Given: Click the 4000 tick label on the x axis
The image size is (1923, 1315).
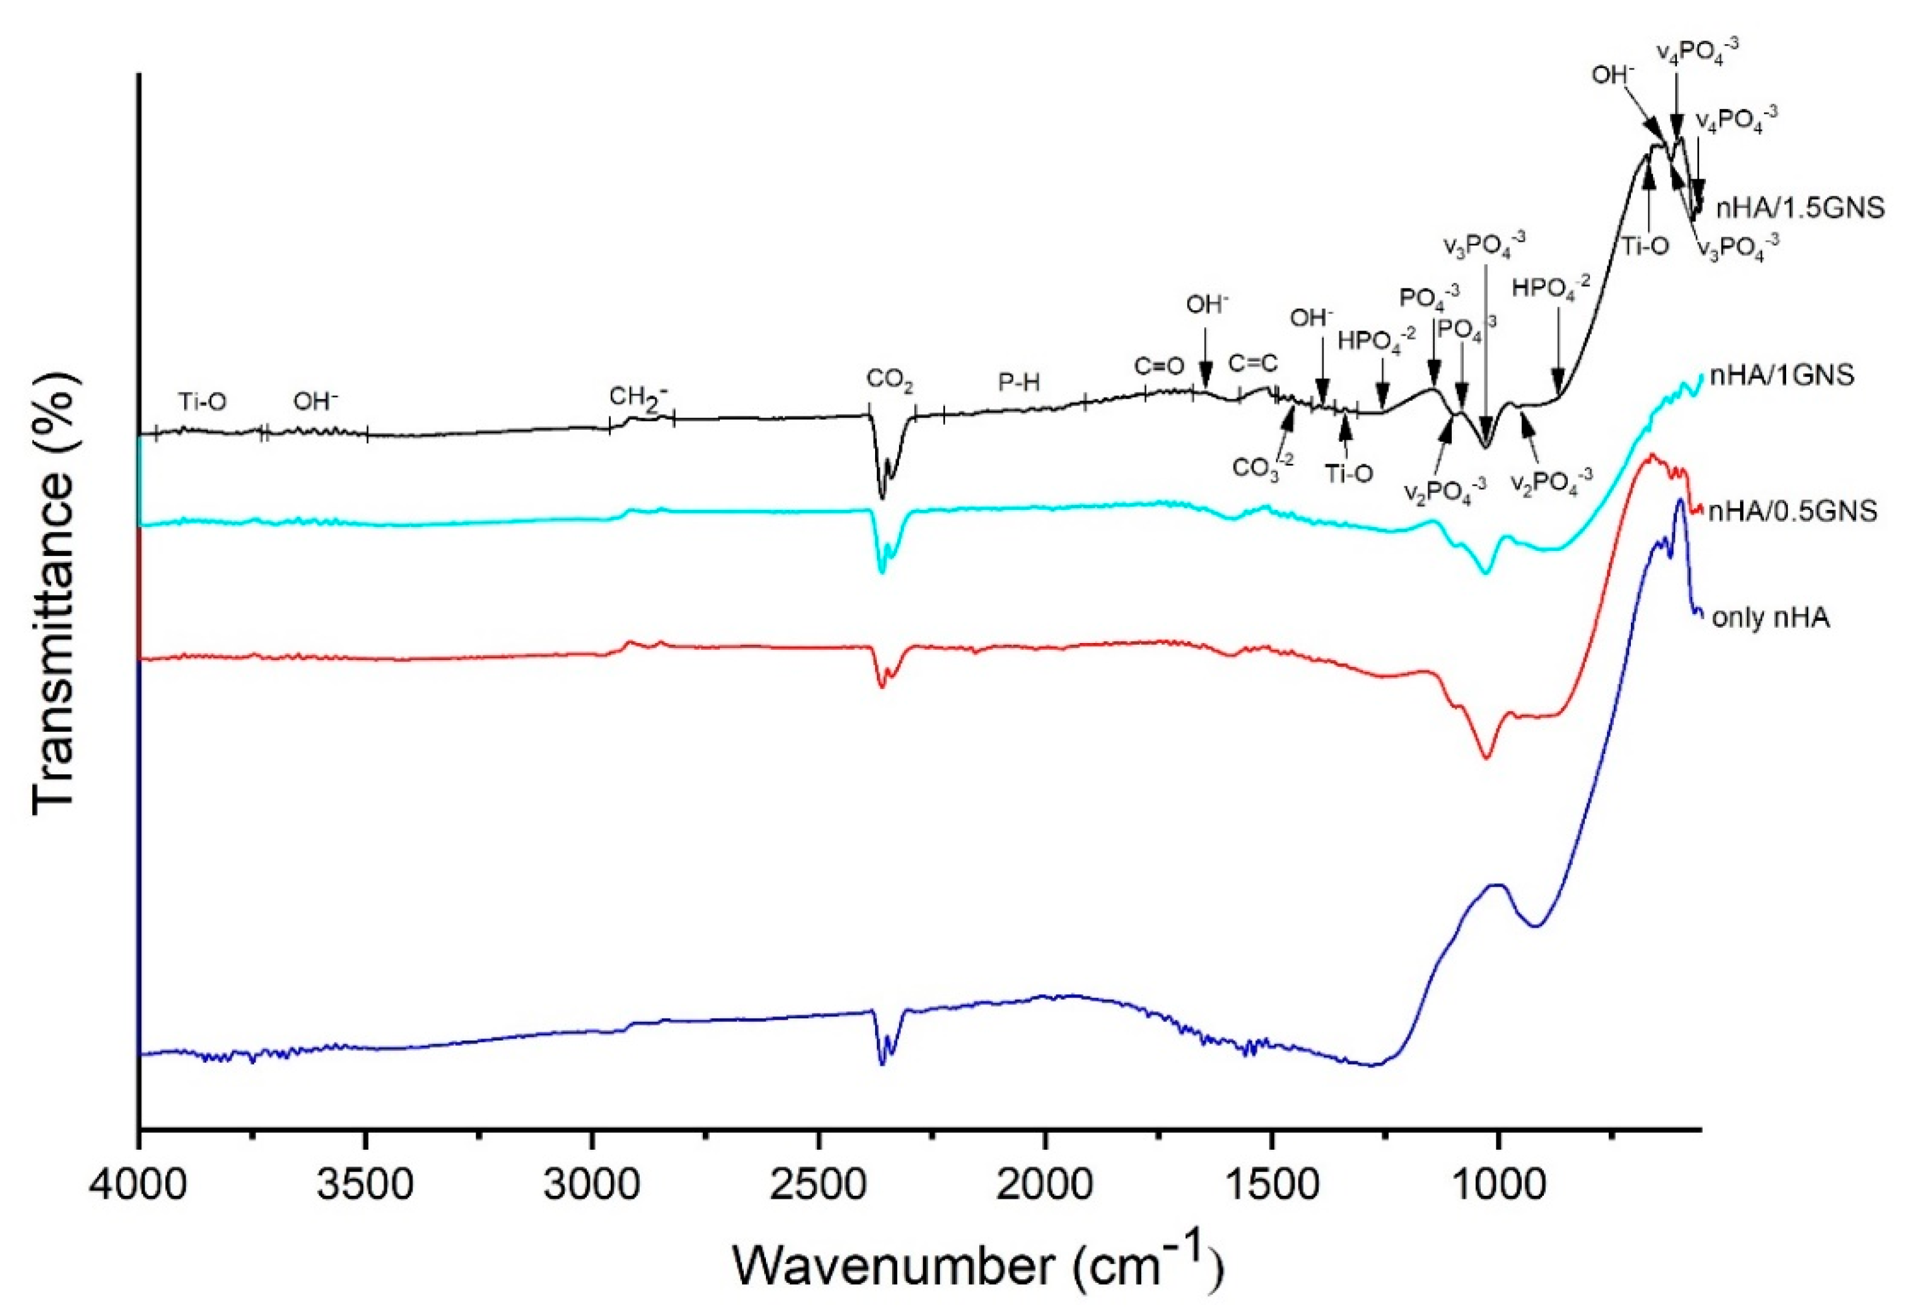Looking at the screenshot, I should coord(139,1185).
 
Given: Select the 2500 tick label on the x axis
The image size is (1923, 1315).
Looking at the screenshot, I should coord(818,1185).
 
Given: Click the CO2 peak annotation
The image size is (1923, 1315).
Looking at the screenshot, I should coord(890,380).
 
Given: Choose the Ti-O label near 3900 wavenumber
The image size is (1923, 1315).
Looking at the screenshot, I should coord(202,402).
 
